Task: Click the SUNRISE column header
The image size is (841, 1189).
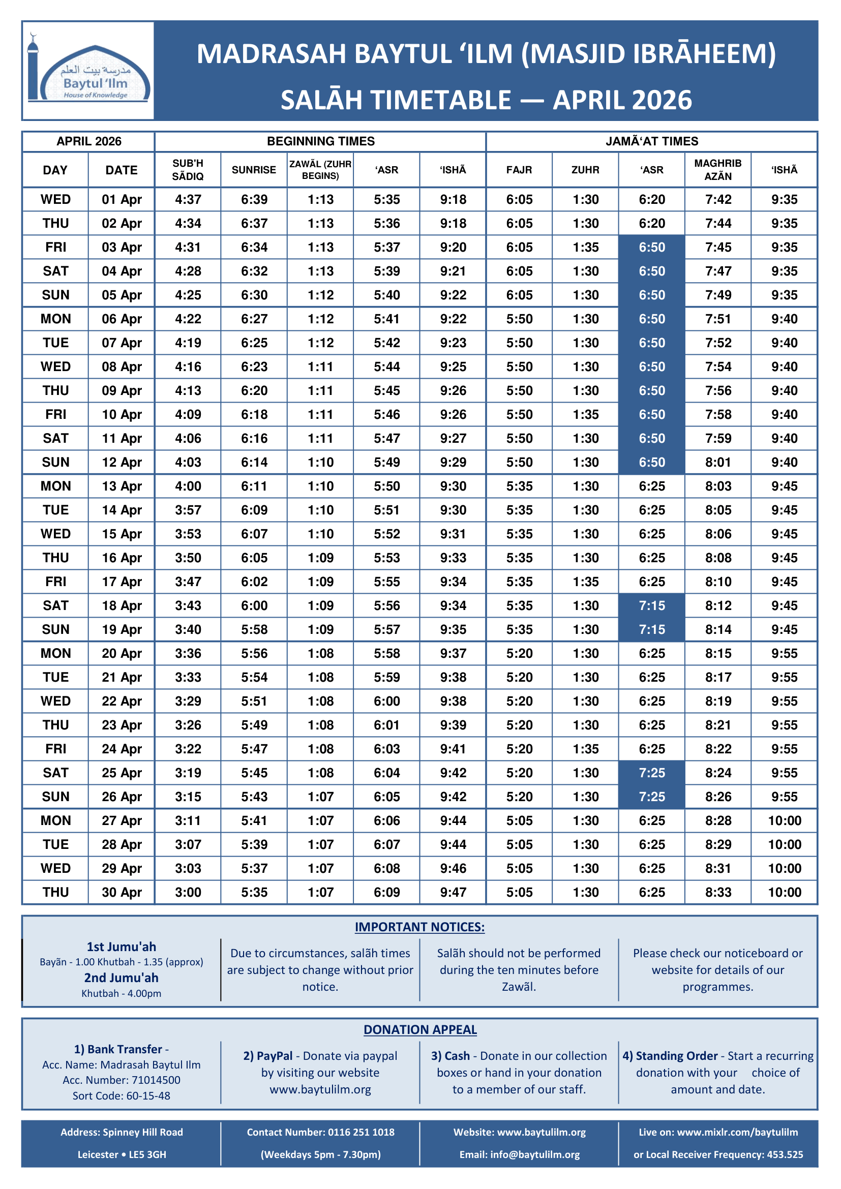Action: coord(254,170)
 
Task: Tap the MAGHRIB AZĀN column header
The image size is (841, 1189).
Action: coord(718,170)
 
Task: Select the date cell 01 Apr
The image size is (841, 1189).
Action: coord(122,199)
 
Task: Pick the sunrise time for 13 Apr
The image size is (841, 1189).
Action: coord(254,486)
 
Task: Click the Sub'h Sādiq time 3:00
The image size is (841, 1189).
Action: coord(188,892)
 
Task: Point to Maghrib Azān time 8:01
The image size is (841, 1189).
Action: coord(718,463)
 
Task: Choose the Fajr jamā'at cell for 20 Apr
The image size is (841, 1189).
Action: coord(519,654)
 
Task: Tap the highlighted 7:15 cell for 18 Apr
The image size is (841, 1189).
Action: coord(651,606)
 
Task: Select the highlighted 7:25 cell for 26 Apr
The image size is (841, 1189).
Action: coord(651,797)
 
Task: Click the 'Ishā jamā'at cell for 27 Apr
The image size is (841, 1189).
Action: coord(784,821)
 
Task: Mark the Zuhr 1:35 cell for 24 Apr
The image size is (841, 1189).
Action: coord(585,749)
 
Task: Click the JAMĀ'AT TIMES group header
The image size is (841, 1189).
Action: coord(651,141)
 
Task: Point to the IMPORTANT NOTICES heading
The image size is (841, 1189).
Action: coord(419,928)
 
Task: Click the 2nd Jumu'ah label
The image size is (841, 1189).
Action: coord(122,978)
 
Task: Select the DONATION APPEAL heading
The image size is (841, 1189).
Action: coord(420,1030)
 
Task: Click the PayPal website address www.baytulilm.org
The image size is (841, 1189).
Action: coord(320,1089)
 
